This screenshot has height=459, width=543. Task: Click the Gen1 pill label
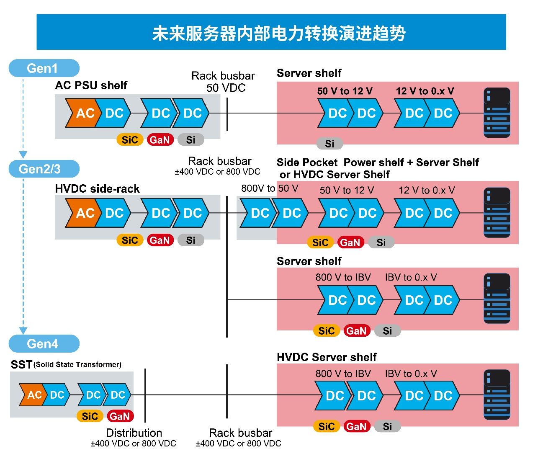pyautogui.click(x=44, y=68)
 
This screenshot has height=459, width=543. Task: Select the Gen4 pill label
pyautogui.click(x=44, y=344)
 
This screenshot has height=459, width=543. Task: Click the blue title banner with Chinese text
pyautogui.click(x=271, y=32)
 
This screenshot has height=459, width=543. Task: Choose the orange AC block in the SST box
pyautogui.click(x=33, y=395)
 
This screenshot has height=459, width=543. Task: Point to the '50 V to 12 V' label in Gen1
pyautogui.click(x=345, y=91)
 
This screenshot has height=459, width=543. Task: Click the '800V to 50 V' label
pyautogui.click(x=270, y=188)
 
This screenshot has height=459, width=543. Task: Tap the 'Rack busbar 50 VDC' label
pyautogui.click(x=224, y=82)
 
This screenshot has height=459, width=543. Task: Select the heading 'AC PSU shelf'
pyautogui.click(x=91, y=85)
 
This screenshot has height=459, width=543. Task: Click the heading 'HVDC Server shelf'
pyautogui.click(x=327, y=357)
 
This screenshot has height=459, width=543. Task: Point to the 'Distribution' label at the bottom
pyautogui.click(x=134, y=433)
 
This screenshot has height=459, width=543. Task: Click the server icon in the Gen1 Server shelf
pyautogui.click(x=497, y=113)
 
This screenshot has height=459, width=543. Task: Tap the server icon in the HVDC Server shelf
pyautogui.click(x=497, y=395)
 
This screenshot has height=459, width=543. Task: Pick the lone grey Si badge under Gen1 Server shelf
pyautogui.click(x=330, y=144)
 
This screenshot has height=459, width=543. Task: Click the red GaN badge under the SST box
pyautogui.click(x=120, y=416)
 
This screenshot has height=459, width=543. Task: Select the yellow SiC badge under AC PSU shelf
pyautogui.click(x=130, y=140)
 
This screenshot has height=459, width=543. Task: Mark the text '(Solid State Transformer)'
pyautogui.click(x=78, y=364)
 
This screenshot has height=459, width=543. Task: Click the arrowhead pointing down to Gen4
pyautogui.click(x=23, y=330)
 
